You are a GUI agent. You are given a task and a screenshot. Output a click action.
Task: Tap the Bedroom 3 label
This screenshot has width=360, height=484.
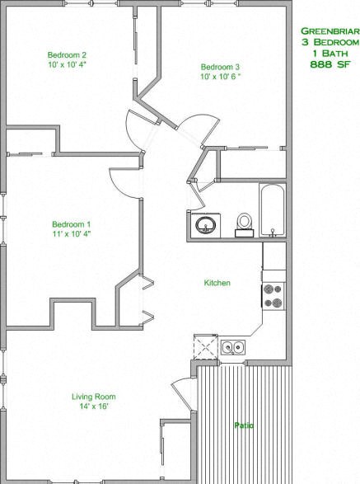pos(221,67)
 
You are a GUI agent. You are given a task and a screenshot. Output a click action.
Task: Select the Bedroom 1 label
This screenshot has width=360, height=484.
pos(72,224)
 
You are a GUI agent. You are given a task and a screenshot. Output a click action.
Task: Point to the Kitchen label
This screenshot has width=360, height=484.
pos(217,283)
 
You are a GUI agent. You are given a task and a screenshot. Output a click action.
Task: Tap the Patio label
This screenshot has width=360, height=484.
pos(243,425)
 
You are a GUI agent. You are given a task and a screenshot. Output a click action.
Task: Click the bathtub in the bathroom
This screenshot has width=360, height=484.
pos(272,210)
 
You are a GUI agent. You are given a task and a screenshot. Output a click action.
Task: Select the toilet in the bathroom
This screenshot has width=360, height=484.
pos(244,223)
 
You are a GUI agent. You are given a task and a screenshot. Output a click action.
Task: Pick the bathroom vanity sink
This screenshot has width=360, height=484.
pos(205,224)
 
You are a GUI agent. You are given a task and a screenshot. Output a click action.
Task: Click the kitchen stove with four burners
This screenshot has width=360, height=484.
pos(274,296)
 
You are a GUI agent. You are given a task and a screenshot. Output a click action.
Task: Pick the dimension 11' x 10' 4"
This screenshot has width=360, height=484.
pos(72,234)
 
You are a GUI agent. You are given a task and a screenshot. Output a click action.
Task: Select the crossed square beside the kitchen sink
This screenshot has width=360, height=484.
pos(203,345)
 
